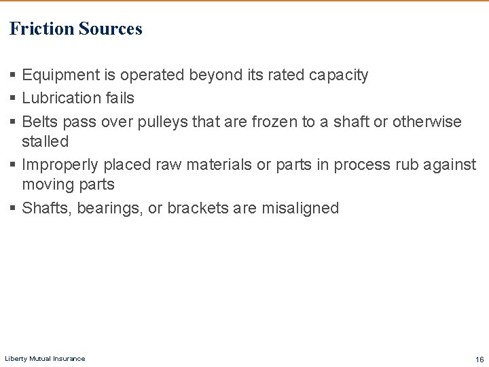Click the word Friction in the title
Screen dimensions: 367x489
pyautogui.click(x=41, y=29)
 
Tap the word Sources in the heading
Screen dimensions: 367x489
pyautogui.click(x=110, y=29)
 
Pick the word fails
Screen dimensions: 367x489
pyautogui.click(x=119, y=98)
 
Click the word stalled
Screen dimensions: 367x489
pyautogui.click(x=45, y=141)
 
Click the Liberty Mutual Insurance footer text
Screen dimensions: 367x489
pyautogui.click(x=45, y=358)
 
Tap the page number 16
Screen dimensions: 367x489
pyautogui.click(x=479, y=359)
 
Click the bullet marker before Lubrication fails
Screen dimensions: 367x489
pyautogui.click(x=14, y=98)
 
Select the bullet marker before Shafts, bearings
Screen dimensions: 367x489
pyautogui.click(x=14, y=208)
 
